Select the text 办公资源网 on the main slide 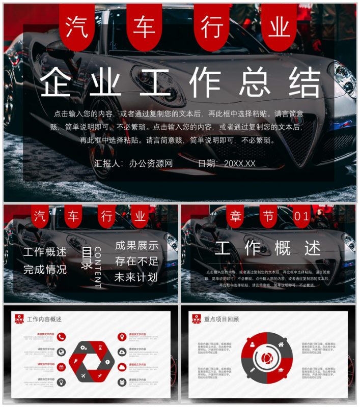pyautogui.click(x=151, y=163)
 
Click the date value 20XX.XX pyautogui.click(x=239, y=163)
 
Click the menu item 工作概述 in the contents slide pyautogui.click(x=45, y=252)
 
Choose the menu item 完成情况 pyautogui.click(x=45, y=269)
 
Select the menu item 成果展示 pyautogui.click(x=136, y=245)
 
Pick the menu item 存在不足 pyautogui.click(x=136, y=261)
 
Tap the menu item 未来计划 pyautogui.click(x=136, y=278)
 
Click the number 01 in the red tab pyautogui.click(x=302, y=217)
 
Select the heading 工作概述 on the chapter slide pyautogui.click(x=268, y=249)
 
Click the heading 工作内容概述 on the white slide pyautogui.click(x=44, y=319)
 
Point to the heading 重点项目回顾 pyautogui.click(x=221, y=319)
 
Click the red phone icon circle pyautogui.click(x=61, y=336)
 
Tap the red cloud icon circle pyautogui.click(x=122, y=366)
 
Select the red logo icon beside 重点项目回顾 pyautogui.click(x=196, y=319)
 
